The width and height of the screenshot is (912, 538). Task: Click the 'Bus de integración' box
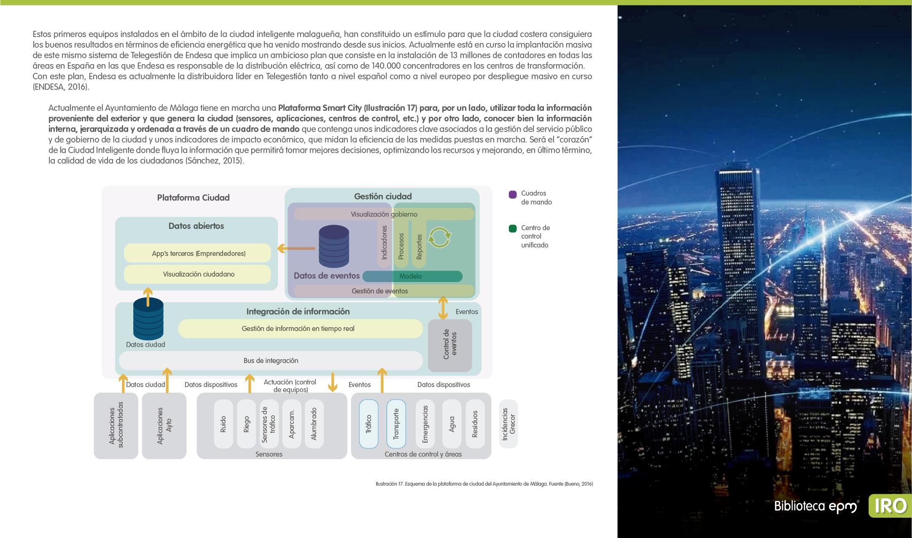click(271, 361)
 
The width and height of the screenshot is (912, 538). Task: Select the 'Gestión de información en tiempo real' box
click(300, 329)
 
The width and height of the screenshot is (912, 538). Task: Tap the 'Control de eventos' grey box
click(450, 346)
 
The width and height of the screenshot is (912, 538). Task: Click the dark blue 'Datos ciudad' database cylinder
click(148, 319)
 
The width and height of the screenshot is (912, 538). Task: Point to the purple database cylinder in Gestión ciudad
click(334, 247)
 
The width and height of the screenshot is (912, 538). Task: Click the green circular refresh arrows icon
click(440, 237)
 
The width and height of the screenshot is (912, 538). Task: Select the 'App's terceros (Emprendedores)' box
click(197, 253)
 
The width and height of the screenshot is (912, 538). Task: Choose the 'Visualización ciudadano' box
click(197, 274)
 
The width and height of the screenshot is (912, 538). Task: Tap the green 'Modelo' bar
click(412, 277)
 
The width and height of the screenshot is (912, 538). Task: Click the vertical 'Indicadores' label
click(384, 242)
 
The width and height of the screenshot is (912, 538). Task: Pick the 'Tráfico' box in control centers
click(369, 424)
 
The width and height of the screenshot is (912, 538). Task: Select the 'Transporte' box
click(396, 424)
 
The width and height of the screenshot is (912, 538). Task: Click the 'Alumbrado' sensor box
click(314, 424)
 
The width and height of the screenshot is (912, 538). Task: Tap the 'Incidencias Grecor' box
click(508, 424)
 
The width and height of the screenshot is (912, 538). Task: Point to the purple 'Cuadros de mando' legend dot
click(513, 194)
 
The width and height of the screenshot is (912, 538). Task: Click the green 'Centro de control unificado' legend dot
click(513, 229)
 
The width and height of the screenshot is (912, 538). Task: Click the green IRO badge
click(890, 506)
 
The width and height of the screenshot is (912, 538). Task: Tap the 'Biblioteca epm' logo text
click(816, 506)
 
